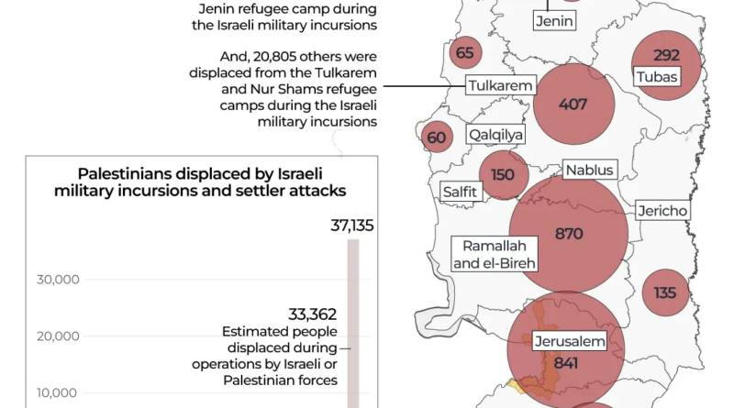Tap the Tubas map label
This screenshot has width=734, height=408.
(656, 77)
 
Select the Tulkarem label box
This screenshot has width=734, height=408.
(500, 86)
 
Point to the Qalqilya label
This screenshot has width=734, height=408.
(495, 136)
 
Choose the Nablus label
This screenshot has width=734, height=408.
(589, 170)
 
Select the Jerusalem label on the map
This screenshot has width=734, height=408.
(571, 342)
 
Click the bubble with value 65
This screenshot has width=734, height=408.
(465, 52)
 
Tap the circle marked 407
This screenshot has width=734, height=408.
(573, 104)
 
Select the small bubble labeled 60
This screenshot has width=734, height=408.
(437, 138)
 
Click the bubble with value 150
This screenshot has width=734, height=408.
(503, 175)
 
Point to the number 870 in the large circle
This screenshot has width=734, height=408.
(569, 234)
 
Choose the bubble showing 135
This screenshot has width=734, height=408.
(665, 292)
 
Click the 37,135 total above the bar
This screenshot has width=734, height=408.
(352, 226)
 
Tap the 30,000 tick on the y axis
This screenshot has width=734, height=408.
(58, 280)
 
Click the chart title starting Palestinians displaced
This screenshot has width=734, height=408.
(200, 182)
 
